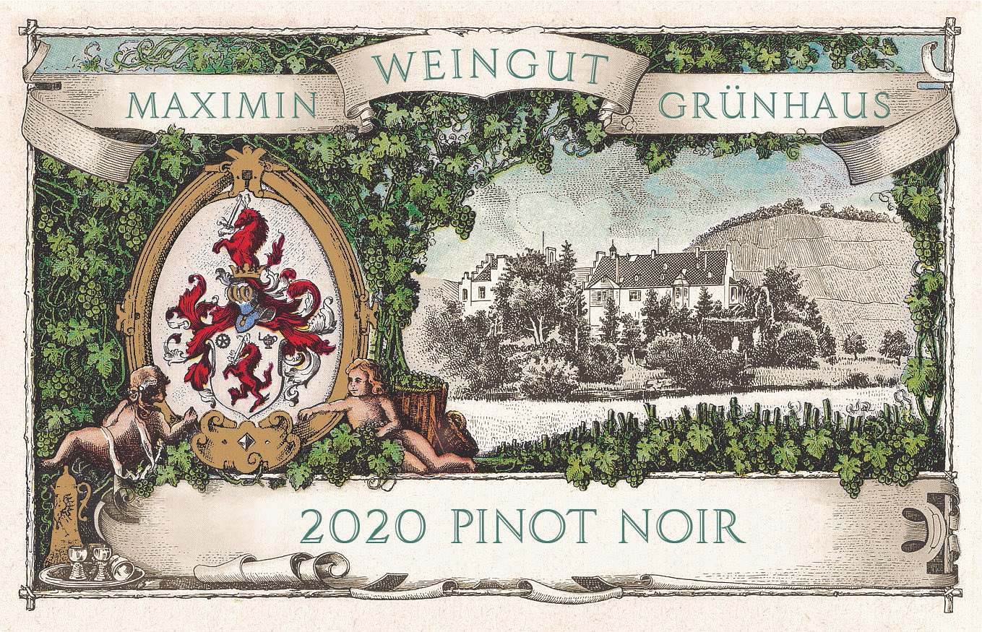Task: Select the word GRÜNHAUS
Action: (775, 106)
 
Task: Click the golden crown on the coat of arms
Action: (244, 271)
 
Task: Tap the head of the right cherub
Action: (359, 376)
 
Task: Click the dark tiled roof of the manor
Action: (658, 269)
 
